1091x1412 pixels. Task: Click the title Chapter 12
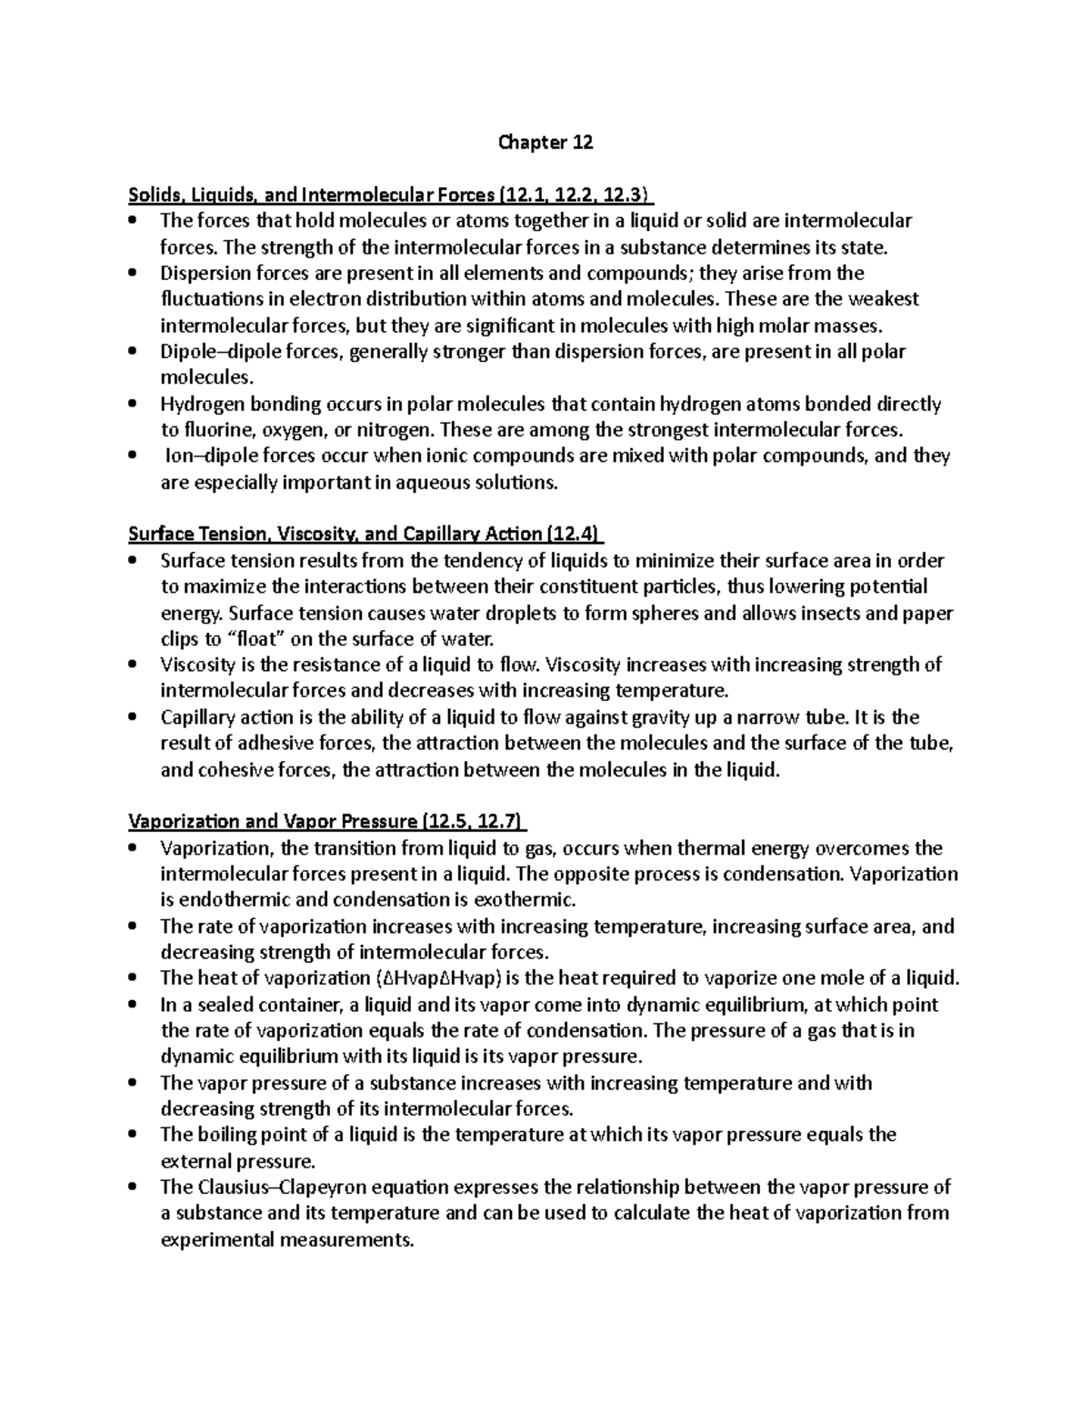545,143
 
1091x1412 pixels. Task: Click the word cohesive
235,770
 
